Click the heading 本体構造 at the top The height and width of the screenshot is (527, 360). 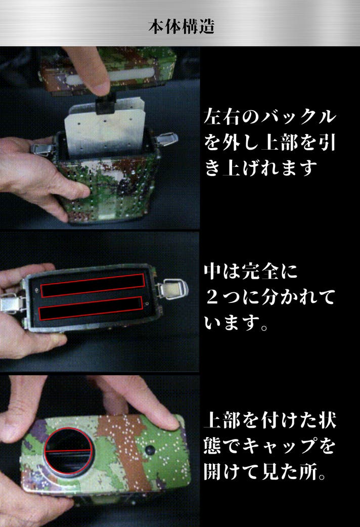[x=181, y=26]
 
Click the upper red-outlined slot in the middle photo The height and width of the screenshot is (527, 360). [x=93, y=285]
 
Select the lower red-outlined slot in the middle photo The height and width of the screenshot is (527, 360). [x=91, y=308]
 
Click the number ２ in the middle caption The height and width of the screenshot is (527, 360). [x=212, y=298]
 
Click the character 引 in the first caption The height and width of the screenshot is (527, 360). [x=327, y=142]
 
